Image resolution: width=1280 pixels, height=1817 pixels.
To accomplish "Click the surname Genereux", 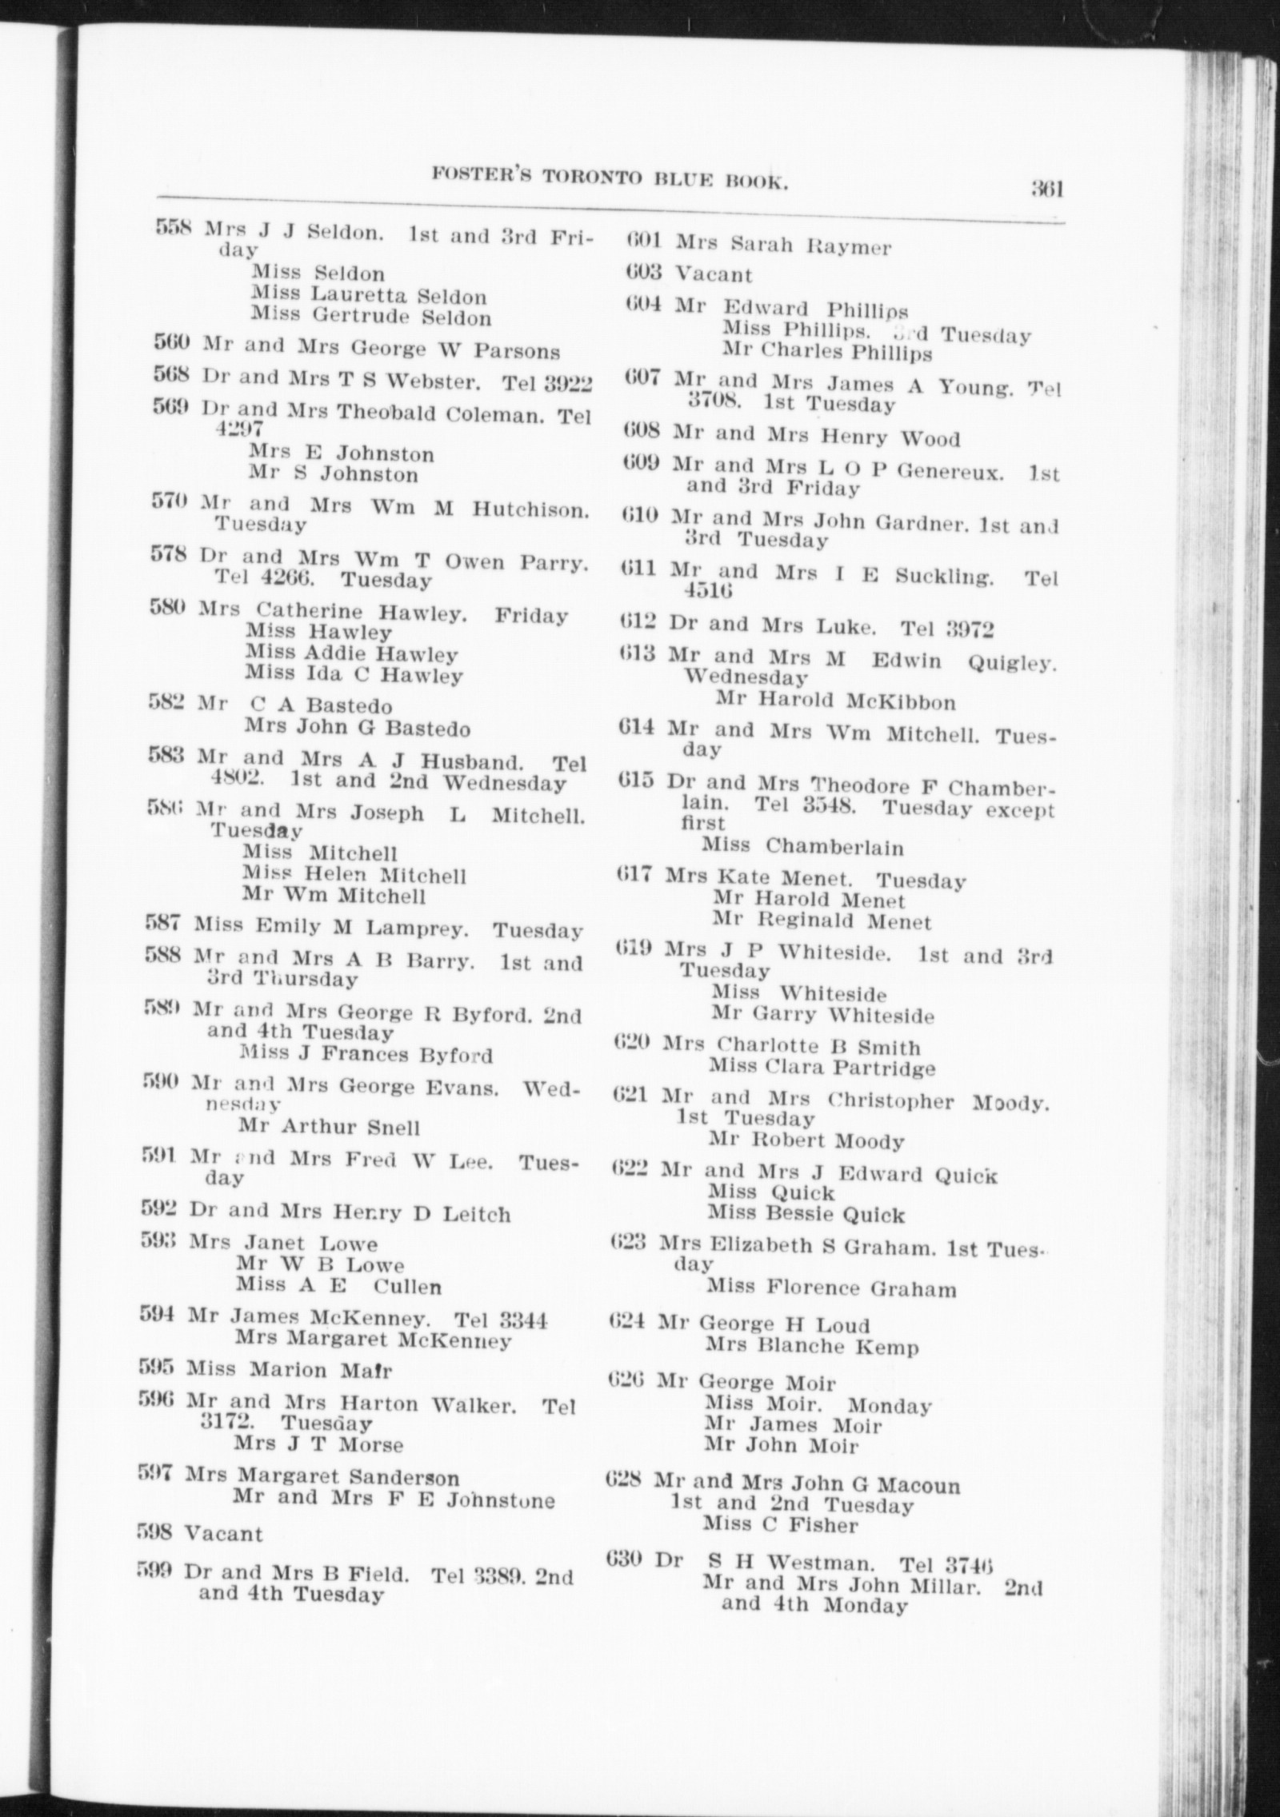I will [x=950, y=470].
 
